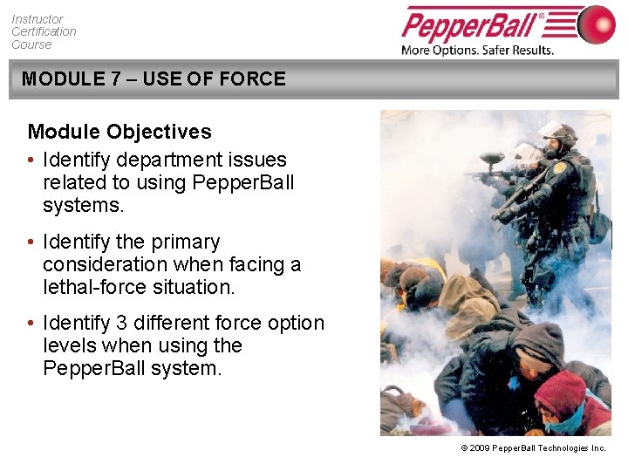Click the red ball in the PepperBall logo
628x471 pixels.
[x=596, y=24]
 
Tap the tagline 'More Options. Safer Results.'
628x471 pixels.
[x=477, y=50]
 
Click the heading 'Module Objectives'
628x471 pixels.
[x=119, y=132]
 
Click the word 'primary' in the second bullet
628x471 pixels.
[x=184, y=242]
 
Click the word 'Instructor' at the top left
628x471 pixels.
[x=37, y=18]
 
